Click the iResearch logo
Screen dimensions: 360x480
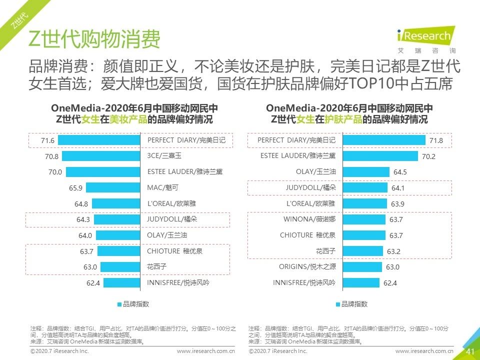[x=424, y=38]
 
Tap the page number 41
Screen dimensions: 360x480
[x=470, y=352]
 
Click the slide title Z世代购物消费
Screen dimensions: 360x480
[x=94, y=39]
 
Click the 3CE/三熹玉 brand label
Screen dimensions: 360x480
[x=164, y=156]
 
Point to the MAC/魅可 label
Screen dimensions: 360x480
[x=163, y=187]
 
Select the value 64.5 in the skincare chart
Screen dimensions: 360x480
[x=400, y=172]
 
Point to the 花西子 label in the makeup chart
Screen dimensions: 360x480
[x=157, y=267]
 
